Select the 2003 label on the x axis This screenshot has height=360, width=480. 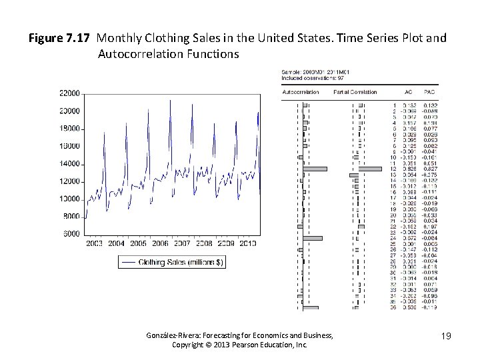tap(95, 244)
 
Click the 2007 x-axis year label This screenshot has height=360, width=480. tap(182, 244)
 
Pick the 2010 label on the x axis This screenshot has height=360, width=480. tap(247, 244)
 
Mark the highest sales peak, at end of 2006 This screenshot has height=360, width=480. tap(170, 101)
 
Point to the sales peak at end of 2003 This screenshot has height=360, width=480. tap(105, 133)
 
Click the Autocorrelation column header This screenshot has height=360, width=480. tap(301, 92)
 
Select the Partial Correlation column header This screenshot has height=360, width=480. tap(355, 92)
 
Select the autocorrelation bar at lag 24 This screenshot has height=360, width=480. tap(312, 238)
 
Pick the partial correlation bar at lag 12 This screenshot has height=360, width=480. tap(369, 169)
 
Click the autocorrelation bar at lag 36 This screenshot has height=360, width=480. tap(310, 308)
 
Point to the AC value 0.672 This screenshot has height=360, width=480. tap(409, 238)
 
